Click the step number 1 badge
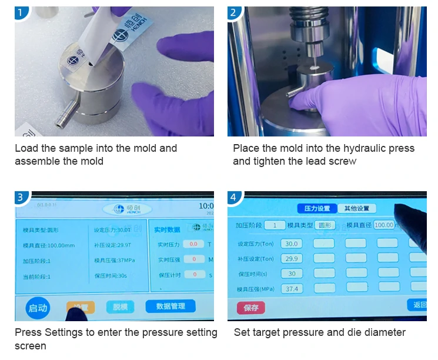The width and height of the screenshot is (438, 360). pos(21,12)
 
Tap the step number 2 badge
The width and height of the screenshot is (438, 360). pos(234,12)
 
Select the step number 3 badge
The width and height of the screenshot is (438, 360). pos(21,198)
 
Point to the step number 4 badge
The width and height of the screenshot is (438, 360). pos(234,198)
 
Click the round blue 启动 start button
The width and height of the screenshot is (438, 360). pos(38,308)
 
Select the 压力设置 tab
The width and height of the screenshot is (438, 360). pos(317,208)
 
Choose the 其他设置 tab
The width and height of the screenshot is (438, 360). pos(357,208)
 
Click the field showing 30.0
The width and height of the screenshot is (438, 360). pos(292,244)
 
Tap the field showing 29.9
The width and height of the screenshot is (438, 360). pos(292,259)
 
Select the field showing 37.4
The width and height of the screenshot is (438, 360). pos(292,289)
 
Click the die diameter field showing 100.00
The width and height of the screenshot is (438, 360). pos(383,225)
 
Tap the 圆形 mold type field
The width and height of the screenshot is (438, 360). pos(325,225)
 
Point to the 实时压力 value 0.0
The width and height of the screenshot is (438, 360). pos(193,244)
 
